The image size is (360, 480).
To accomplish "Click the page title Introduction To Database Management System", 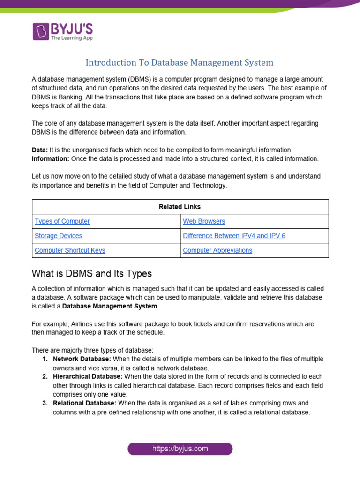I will point(179,62).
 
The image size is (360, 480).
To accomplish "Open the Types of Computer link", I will point(62,221).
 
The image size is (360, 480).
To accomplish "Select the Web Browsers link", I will point(204,221).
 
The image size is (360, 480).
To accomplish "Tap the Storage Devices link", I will point(59,236).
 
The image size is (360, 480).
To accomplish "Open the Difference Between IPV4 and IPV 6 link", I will point(234,236).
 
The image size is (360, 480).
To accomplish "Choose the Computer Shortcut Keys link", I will point(70,250).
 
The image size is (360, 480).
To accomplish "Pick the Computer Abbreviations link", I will point(217,250).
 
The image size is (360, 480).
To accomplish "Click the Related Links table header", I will point(180,207).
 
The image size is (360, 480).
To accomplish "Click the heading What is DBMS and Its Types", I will point(92,273).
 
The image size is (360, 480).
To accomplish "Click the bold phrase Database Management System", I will point(110,306).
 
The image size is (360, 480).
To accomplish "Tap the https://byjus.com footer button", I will point(180,449).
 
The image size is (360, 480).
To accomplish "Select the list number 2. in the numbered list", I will point(45,376).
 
